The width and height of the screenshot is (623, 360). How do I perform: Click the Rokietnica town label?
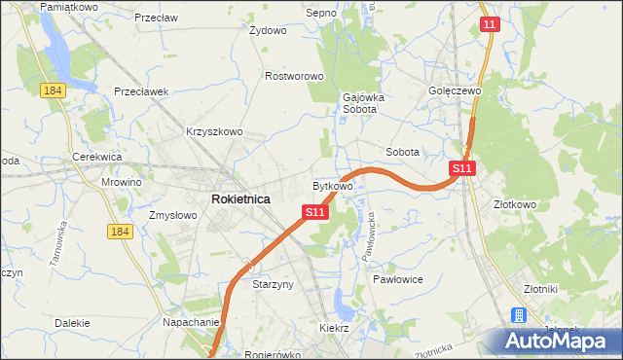240,198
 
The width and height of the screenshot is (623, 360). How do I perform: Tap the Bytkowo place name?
332,185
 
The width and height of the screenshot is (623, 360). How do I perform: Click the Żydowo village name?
268,30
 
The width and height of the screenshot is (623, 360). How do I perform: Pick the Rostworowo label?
294,75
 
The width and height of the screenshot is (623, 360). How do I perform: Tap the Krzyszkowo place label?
214,131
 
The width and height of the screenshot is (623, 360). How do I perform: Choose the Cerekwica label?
96,157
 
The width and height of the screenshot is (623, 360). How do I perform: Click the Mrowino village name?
122,182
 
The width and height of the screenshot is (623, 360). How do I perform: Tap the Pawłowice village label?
397,278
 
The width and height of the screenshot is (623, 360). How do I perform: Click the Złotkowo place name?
515,205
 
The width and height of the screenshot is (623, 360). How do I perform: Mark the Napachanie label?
191,321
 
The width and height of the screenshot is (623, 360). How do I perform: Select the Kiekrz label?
334,329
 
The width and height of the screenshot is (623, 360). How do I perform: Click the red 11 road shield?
490,24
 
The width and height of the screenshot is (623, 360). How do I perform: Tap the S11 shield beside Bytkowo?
313,211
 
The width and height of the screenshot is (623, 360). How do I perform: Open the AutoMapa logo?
555,340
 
